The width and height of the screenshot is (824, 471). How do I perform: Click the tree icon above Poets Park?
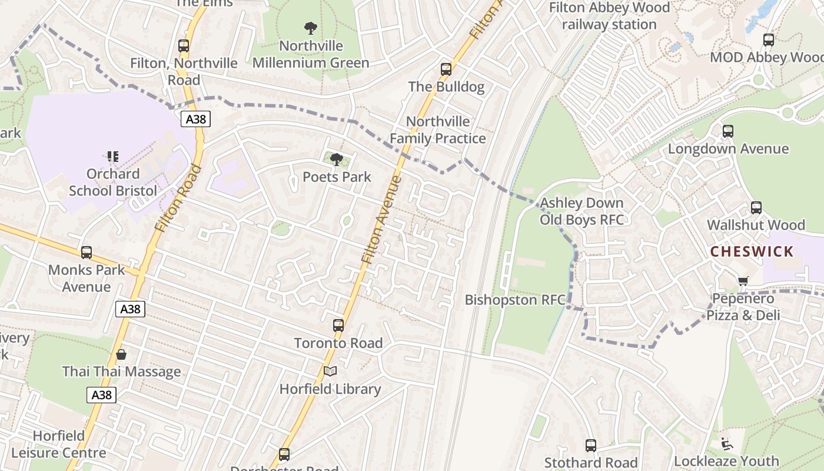(x=337, y=159)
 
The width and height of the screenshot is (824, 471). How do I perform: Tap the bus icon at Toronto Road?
(x=338, y=326)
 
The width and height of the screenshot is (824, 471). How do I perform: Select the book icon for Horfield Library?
(x=330, y=372)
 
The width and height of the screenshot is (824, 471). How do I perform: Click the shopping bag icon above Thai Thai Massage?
(x=121, y=354)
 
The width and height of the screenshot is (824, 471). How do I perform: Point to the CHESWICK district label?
(x=752, y=252)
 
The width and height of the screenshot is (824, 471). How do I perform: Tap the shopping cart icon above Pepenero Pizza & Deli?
(x=743, y=281)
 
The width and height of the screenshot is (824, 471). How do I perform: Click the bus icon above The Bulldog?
(x=446, y=69)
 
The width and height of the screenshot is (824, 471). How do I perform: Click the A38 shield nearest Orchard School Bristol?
(x=195, y=120)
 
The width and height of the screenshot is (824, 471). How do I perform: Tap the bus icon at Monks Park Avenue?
(x=87, y=253)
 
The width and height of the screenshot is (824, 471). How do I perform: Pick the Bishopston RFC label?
(x=515, y=300)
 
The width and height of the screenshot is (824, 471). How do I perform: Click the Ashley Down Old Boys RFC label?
(x=582, y=211)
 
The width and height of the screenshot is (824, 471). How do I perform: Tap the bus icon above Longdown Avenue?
(x=728, y=131)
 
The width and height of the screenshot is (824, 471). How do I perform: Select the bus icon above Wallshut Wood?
(x=756, y=208)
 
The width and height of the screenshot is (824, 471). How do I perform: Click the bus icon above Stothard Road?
(x=591, y=446)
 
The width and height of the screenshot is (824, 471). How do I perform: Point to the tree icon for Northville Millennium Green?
(x=311, y=28)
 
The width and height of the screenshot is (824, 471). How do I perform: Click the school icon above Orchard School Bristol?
(x=112, y=157)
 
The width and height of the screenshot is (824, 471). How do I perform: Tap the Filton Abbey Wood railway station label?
(x=609, y=16)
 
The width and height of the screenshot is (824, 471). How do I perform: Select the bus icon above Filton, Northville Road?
(x=184, y=46)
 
